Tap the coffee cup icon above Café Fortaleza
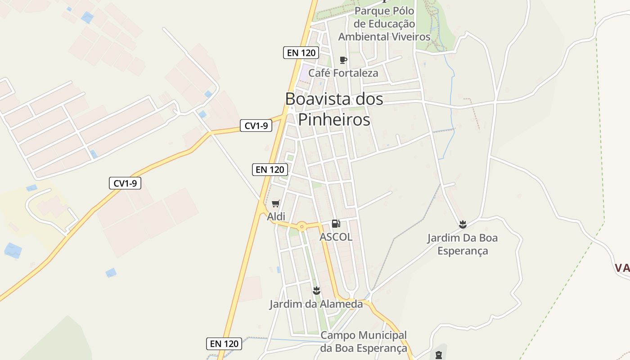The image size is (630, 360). point(343,60)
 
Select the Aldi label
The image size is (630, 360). point(276,216)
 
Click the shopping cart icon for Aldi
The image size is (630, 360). point(276,204)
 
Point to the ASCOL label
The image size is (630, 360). point(336,237)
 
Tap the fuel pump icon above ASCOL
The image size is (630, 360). point(336,224)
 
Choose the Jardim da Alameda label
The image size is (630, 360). point(316,304)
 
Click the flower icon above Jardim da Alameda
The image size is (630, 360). point(316,290)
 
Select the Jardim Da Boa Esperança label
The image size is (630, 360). point(463,244)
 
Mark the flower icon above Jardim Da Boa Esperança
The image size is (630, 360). point(462,224)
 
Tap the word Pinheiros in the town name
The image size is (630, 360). point(334,120)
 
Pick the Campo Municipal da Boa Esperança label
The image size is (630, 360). point(364,342)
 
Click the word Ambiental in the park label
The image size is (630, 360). point(365,36)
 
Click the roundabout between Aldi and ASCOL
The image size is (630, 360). point(301,226)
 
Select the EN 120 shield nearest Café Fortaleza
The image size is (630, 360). point(301,53)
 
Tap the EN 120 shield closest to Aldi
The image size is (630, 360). point(270,170)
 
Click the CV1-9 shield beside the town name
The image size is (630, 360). point(256,126)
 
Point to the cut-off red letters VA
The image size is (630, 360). point(622,268)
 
